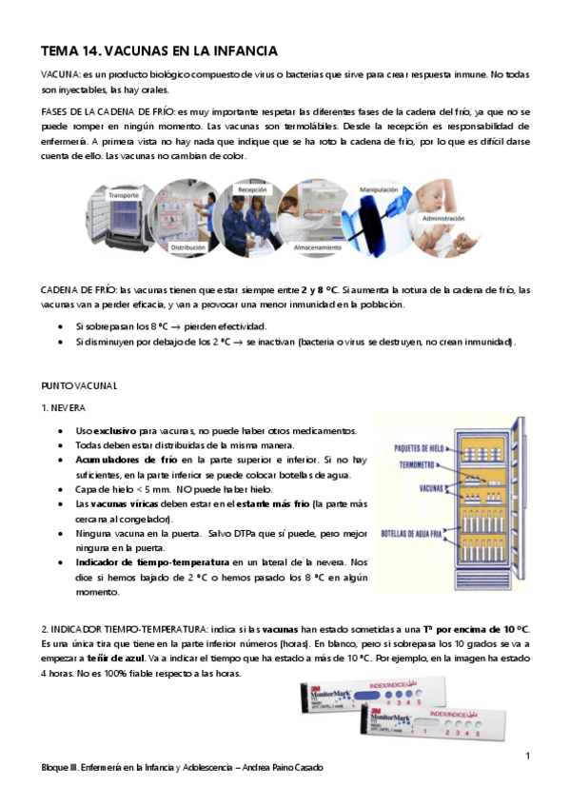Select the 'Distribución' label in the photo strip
tap(187, 247)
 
